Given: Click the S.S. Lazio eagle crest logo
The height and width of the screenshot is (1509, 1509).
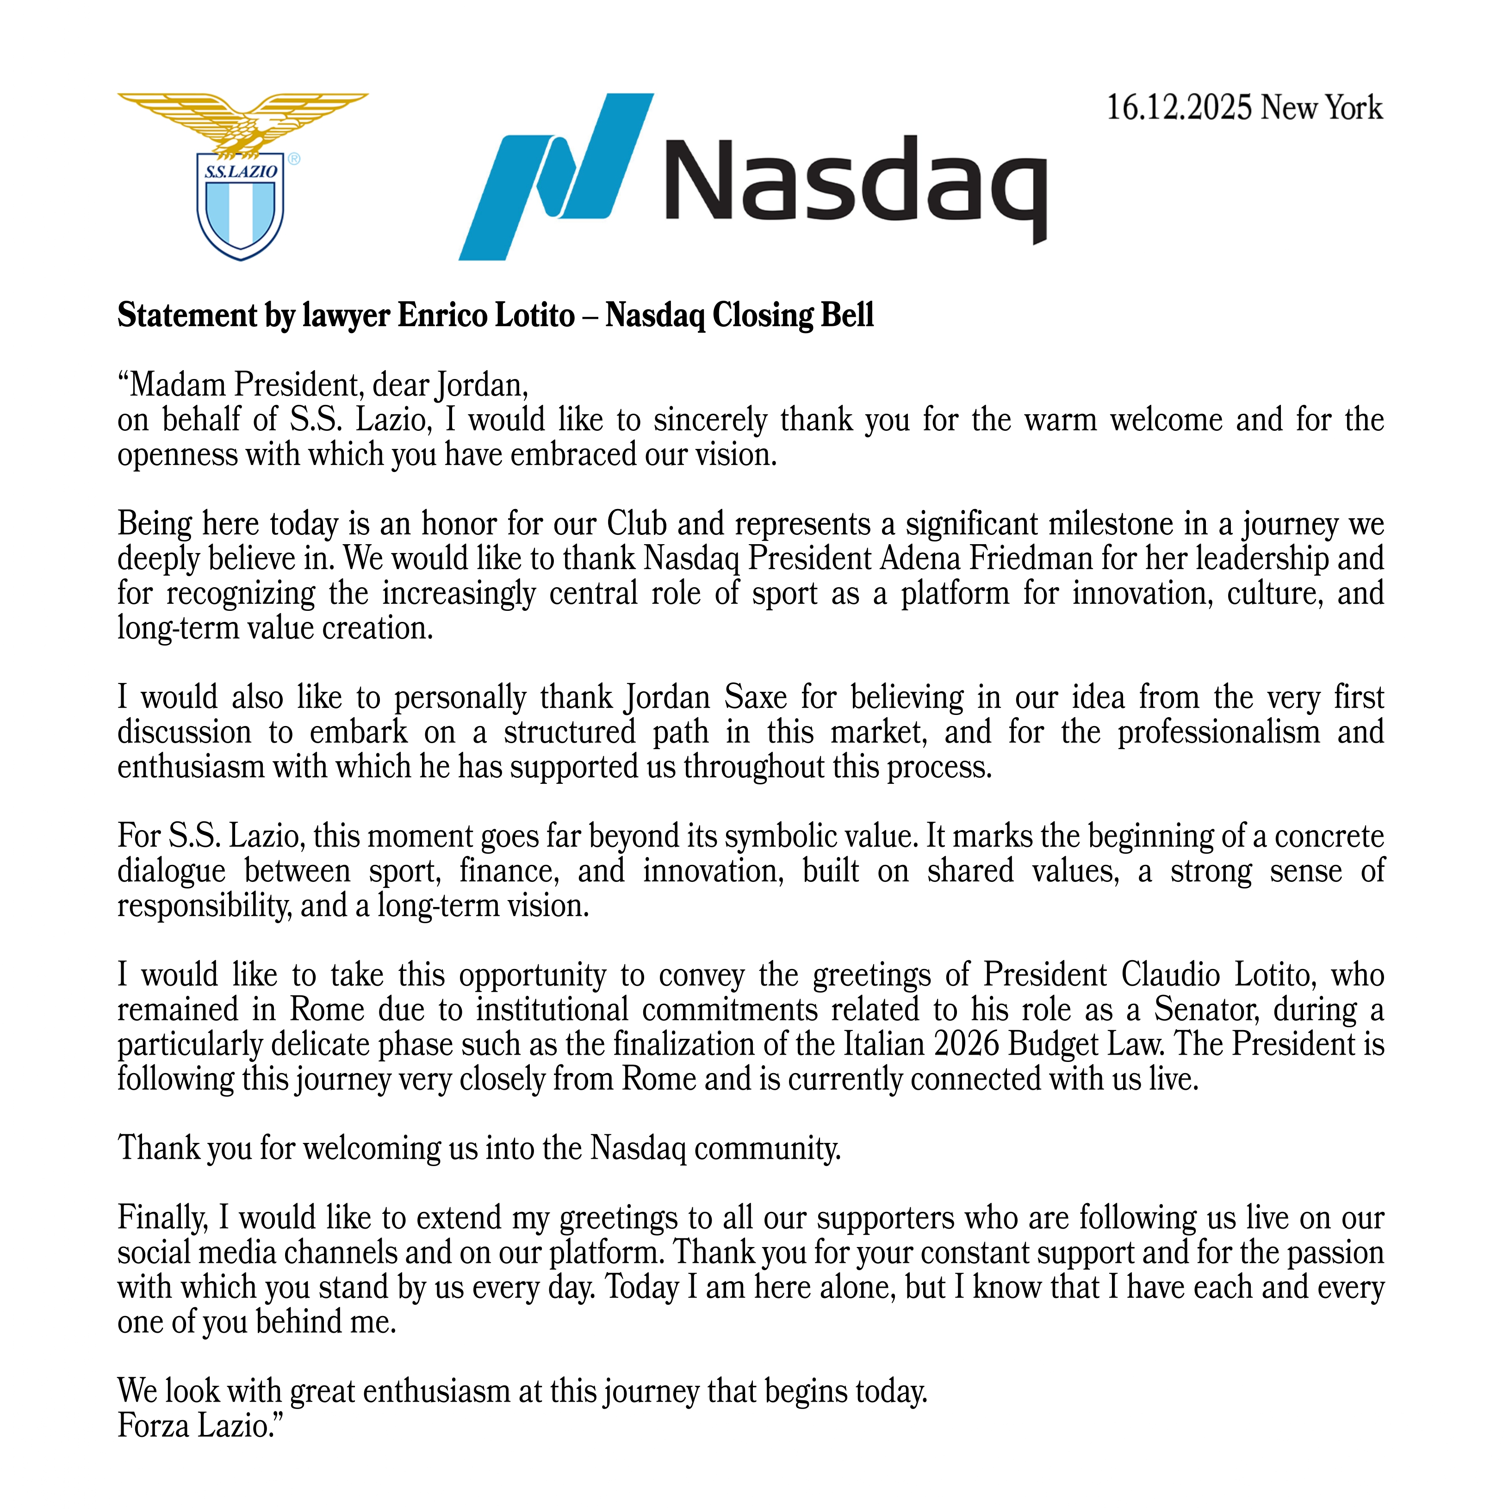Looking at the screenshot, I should click(x=242, y=176).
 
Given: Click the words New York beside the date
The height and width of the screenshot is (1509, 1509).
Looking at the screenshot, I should click(x=1322, y=108).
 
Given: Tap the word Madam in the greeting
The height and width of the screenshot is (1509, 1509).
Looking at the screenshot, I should click(x=176, y=385).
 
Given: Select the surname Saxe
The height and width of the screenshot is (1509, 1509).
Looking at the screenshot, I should click(x=755, y=697).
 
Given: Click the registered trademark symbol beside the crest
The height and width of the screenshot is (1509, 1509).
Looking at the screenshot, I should click(x=294, y=159).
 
